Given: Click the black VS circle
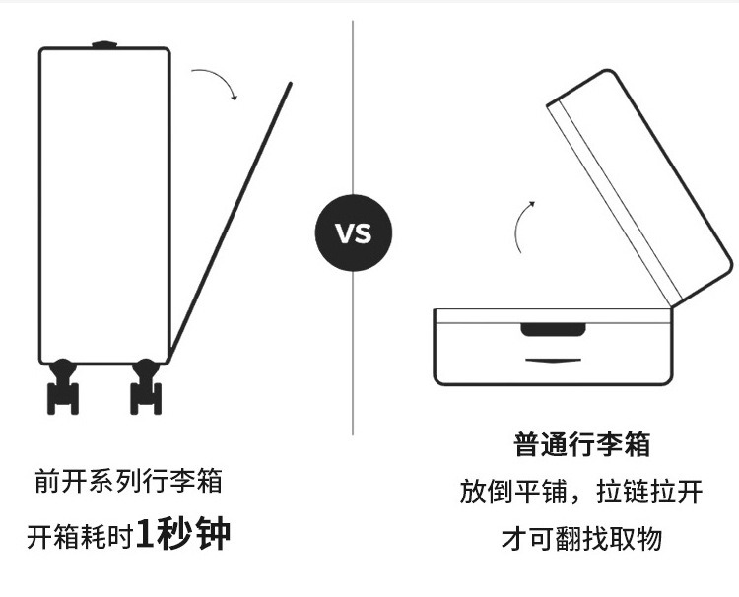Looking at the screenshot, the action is click(353, 233).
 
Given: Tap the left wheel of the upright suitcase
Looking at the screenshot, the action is click(63, 386).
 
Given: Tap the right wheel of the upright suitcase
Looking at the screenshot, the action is click(146, 386).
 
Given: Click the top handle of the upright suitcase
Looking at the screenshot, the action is click(103, 44).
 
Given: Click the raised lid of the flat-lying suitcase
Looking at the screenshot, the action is click(640, 187).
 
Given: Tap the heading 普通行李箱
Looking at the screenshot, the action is click(582, 444).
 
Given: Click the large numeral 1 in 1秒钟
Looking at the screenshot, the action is click(146, 535).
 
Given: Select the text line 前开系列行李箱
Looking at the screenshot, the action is click(128, 482).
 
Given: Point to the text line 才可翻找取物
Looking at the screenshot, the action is click(582, 539).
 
